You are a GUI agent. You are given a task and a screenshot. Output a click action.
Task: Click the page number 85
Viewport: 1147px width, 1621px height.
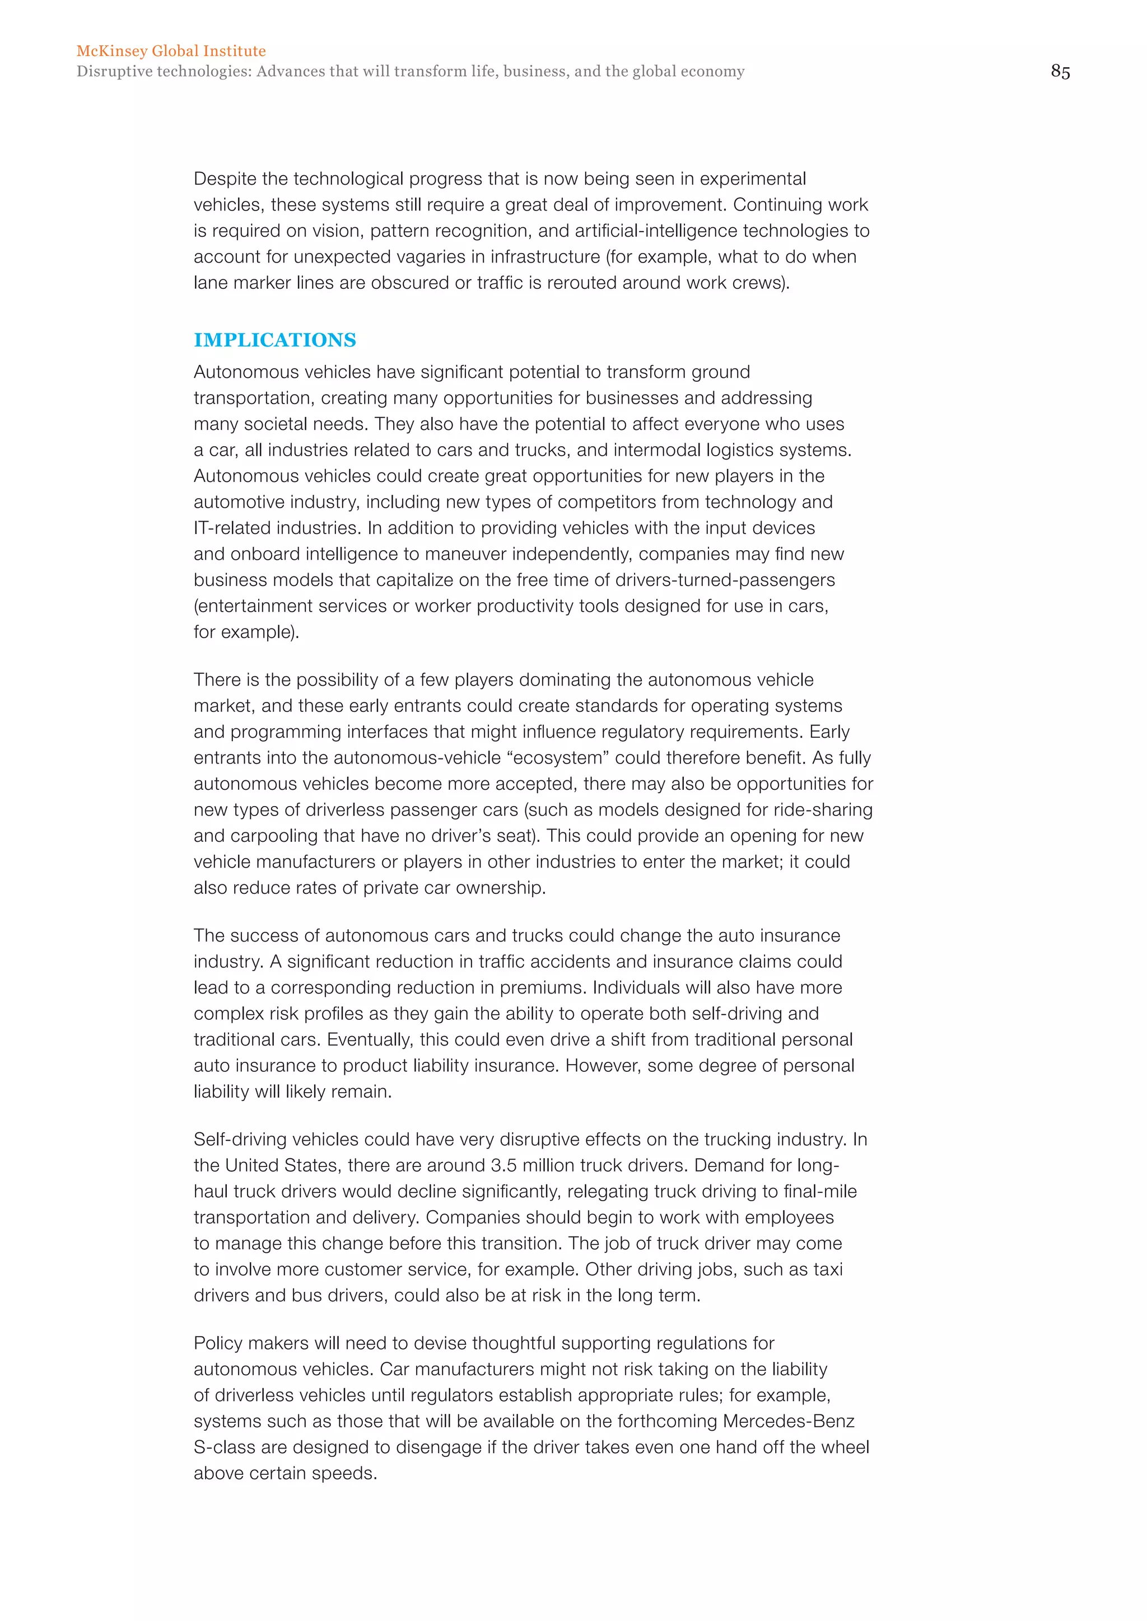(1060, 71)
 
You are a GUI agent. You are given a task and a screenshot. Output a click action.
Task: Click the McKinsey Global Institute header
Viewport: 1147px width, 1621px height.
(171, 51)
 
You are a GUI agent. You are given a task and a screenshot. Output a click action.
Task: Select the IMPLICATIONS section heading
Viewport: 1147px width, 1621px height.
(275, 340)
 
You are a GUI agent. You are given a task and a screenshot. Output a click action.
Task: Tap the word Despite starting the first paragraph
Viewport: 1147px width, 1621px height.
(227, 179)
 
